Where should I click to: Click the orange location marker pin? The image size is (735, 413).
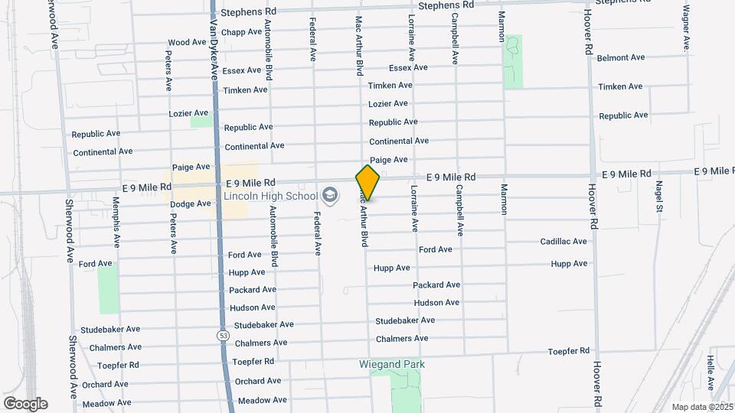pyautogui.click(x=367, y=182)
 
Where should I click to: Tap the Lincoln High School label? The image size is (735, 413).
pyautogui.click(x=270, y=196)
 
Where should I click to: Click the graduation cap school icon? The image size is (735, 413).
pyautogui.click(x=330, y=195)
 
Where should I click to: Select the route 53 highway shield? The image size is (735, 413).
pyautogui.click(x=223, y=335)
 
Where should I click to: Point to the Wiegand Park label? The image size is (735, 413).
pyautogui.click(x=391, y=364)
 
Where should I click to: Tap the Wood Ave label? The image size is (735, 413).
pyautogui.click(x=187, y=42)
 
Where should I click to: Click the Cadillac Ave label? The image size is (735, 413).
pyautogui.click(x=563, y=242)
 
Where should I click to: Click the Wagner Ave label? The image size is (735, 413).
pyautogui.click(x=686, y=29)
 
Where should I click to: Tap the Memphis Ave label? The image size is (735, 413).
pyautogui.click(x=116, y=222)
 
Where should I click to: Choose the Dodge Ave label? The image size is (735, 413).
pyautogui.click(x=190, y=204)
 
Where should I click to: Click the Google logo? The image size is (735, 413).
pyautogui.click(x=25, y=404)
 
